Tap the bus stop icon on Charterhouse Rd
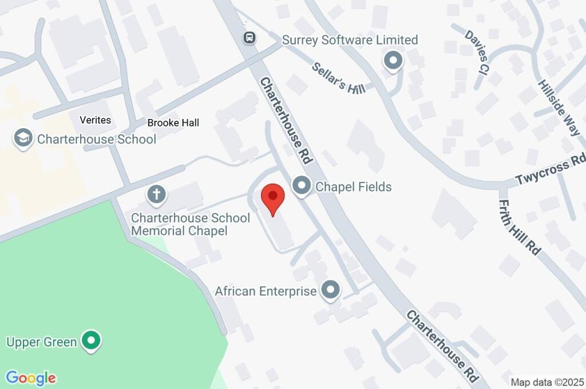[x=249, y=38]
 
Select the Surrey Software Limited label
[x=350, y=40]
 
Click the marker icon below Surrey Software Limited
[x=393, y=61]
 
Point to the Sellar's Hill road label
[x=339, y=78]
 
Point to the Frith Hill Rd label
[x=520, y=227]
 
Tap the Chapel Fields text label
[x=354, y=186]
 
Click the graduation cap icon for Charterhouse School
[x=23, y=138]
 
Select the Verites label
[x=96, y=120]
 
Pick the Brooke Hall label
[x=173, y=122]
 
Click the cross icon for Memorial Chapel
[x=156, y=195]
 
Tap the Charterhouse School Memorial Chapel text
[x=191, y=224]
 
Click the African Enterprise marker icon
[x=330, y=290]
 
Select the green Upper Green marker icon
[x=90, y=341]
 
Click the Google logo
[x=31, y=378]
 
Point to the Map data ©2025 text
[x=547, y=382]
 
